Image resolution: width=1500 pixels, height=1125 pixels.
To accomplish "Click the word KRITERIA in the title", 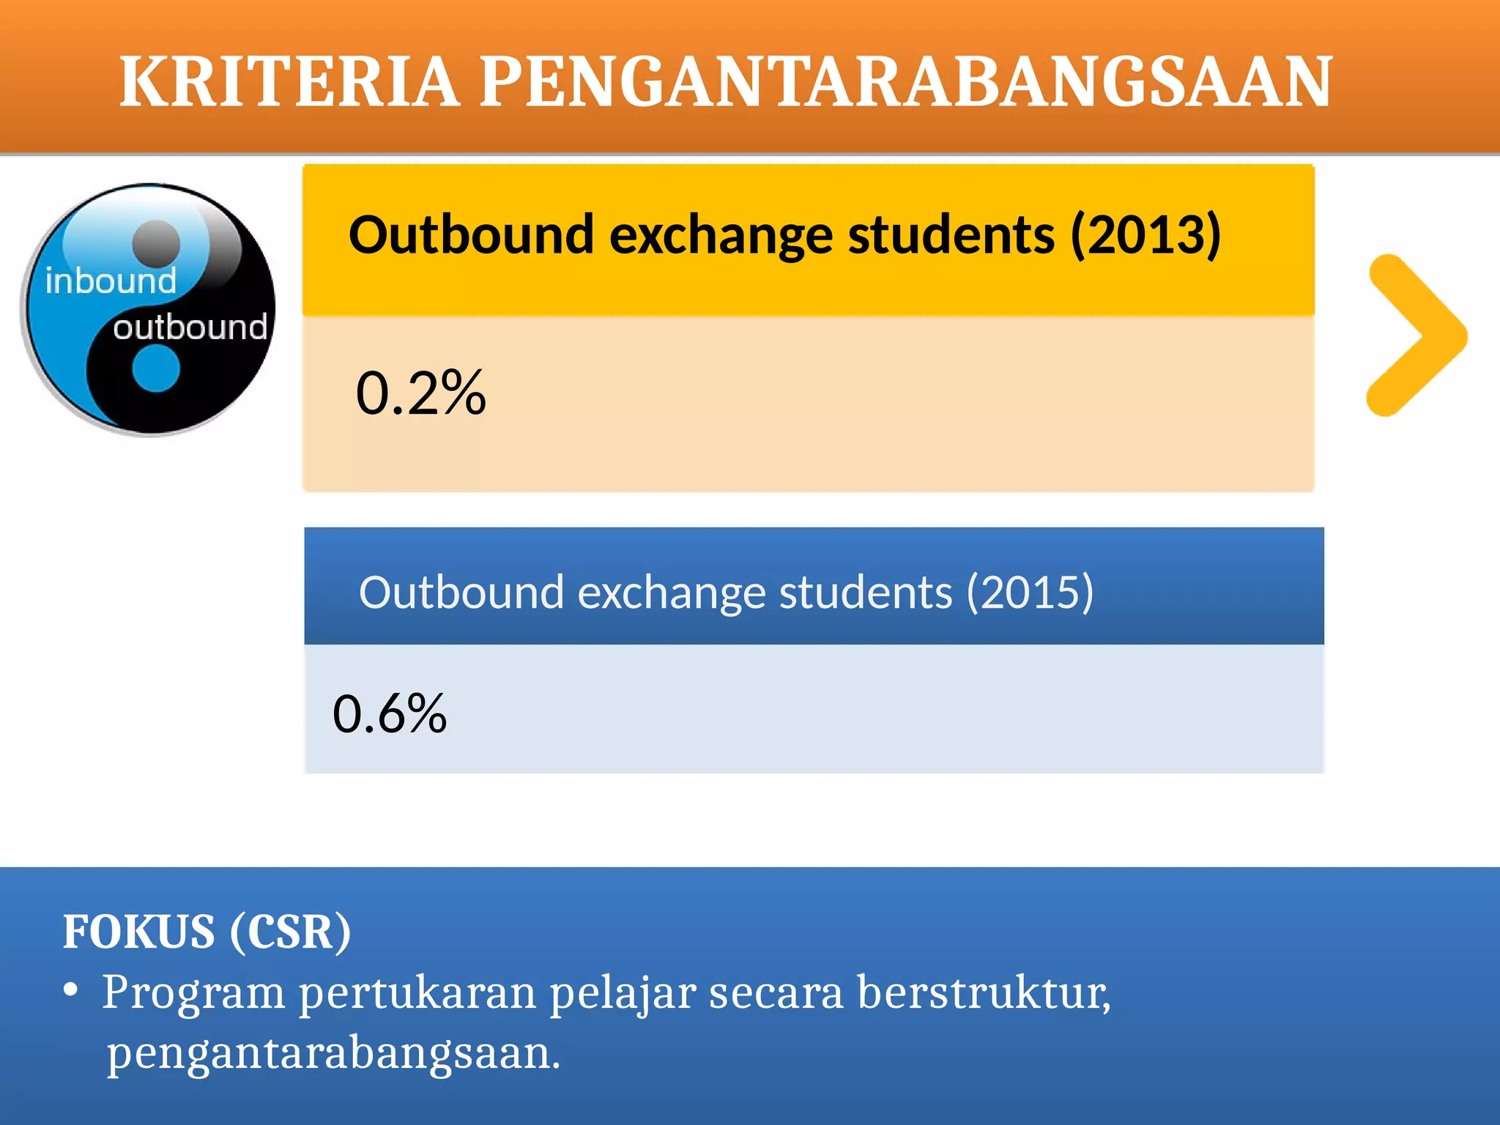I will pos(289,81).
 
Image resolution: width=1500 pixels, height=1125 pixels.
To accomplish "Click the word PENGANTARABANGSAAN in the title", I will pos(906,81).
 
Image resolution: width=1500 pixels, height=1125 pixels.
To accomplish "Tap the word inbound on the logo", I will pos(111,281).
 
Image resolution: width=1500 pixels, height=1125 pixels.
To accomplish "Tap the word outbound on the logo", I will pos(190,327).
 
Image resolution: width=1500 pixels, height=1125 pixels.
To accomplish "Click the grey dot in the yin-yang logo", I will pos(156,242).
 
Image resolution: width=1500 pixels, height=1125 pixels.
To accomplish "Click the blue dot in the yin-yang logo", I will pos(156,368).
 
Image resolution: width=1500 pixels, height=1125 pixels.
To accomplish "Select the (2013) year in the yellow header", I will pos(1146,235).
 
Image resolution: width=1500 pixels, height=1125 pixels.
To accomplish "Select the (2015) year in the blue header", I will pos(1030,592).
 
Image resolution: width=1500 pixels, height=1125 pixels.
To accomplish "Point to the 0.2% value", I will pos(420,393).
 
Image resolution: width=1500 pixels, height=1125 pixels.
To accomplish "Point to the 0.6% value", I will pos(390,713).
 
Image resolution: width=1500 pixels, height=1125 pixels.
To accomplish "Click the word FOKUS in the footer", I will pos(139,932).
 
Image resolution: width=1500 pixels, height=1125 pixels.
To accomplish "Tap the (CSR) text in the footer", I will pos(291,932).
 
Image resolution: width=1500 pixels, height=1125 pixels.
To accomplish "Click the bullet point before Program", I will pos(70,990).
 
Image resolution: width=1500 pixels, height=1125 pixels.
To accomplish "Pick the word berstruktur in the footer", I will pos(984,993).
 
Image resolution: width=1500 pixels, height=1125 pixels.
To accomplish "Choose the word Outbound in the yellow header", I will pos(471,235).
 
